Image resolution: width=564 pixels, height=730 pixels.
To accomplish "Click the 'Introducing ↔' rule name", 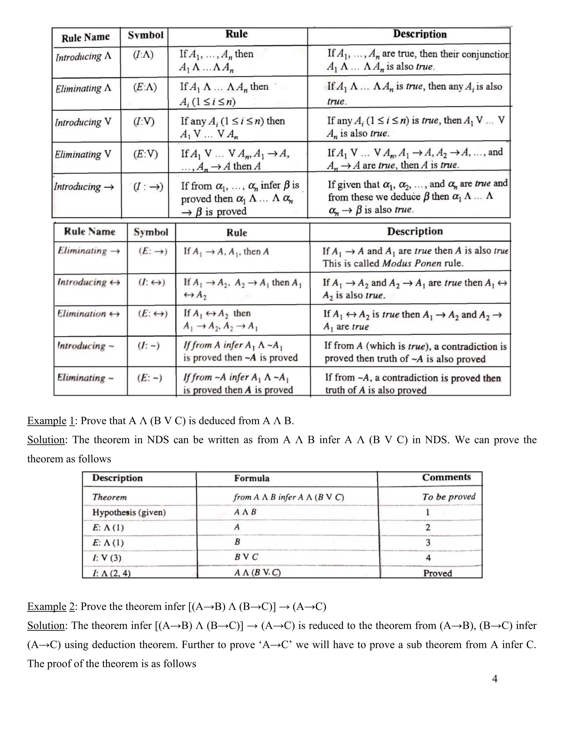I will click(89, 282).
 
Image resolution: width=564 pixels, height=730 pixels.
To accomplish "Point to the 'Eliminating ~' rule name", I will click(86, 378).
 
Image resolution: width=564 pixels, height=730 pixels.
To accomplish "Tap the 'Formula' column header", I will click(252, 478).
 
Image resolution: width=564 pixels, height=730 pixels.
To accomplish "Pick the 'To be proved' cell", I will click(448, 497).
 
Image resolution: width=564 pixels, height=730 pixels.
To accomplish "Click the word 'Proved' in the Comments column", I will click(437, 573).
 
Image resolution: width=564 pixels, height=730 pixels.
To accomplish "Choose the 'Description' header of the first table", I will click(420, 34).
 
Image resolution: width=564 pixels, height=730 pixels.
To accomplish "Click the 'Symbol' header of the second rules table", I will click(151, 232).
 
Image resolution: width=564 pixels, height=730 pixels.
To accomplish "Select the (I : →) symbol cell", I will click(148, 187).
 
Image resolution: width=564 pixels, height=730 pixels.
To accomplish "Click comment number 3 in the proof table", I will click(428, 542).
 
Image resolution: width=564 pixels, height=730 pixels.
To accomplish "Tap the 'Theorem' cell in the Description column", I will click(110, 497).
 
